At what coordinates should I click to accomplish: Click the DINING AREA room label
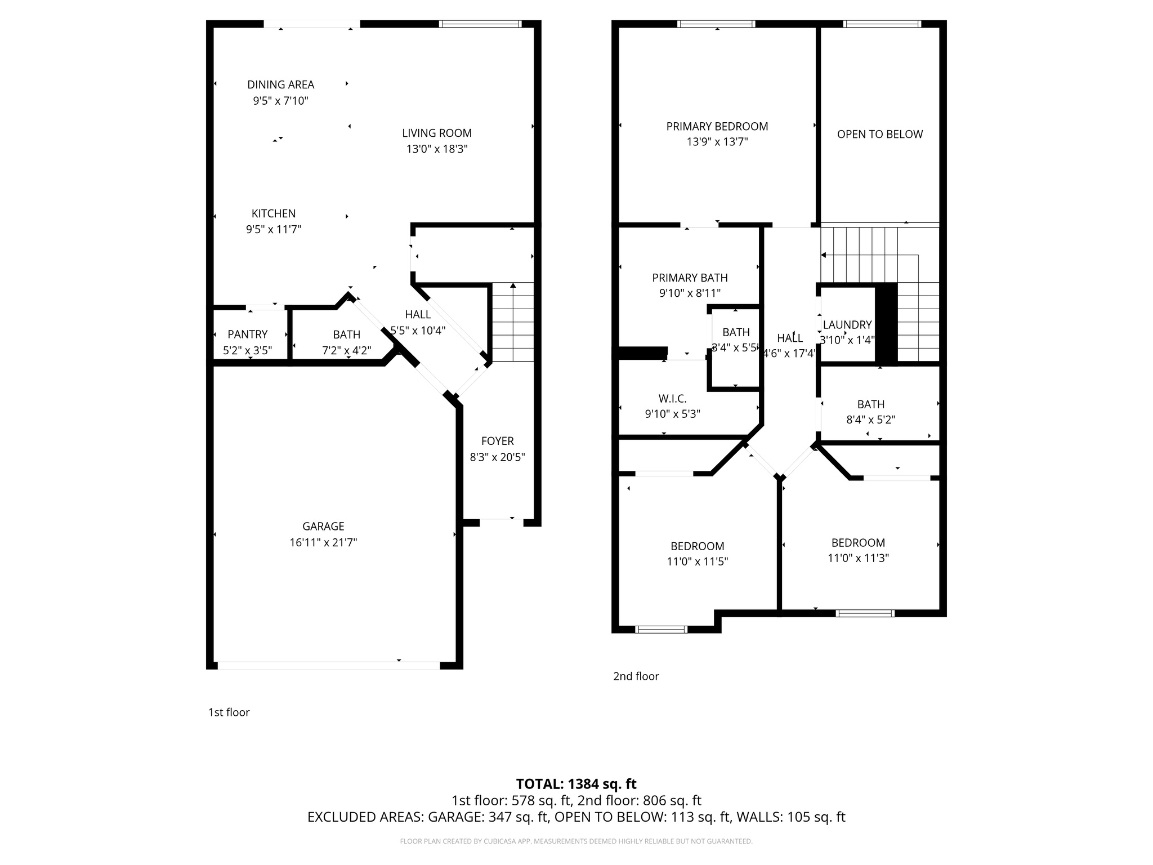click(280, 84)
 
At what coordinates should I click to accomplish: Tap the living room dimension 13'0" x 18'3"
click(437, 149)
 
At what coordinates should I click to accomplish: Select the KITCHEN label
click(273, 213)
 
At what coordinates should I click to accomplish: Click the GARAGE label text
click(323, 526)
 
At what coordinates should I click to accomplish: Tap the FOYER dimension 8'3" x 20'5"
click(497, 457)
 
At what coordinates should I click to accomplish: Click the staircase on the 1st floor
click(513, 322)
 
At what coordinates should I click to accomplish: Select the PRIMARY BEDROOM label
click(717, 126)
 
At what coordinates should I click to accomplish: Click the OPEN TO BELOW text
click(879, 134)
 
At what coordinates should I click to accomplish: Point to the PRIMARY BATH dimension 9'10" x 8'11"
click(690, 293)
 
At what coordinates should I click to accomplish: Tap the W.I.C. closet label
click(672, 399)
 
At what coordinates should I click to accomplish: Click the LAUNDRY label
click(847, 325)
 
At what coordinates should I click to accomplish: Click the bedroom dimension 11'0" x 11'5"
click(697, 561)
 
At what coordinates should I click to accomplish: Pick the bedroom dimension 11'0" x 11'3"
click(858, 558)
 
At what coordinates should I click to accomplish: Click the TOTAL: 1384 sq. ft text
click(576, 784)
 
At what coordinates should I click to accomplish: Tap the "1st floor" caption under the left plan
click(229, 712)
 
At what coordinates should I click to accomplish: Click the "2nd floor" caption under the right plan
click(636, 676)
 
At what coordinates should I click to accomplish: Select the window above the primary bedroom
click(716, 24)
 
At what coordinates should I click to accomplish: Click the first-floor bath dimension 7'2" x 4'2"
click(346, 351)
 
